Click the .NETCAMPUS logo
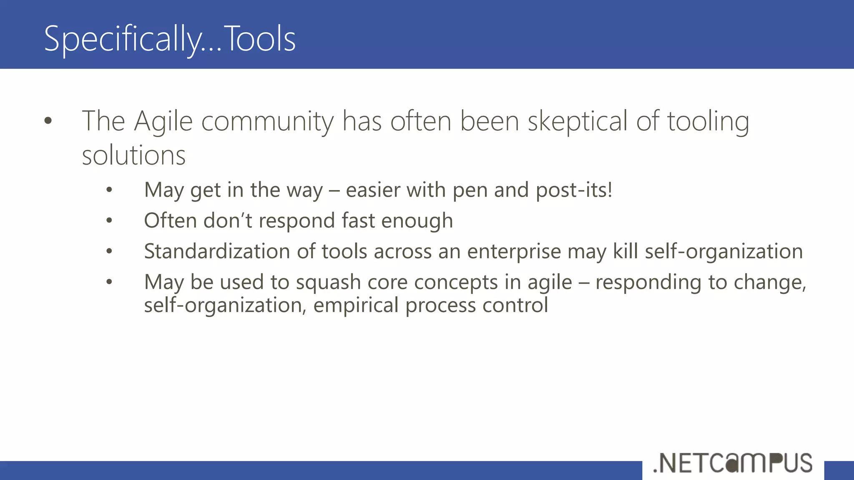tap(733, 463)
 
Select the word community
tap(267, 122)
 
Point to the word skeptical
tap(578, 122)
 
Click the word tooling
tap(708, 122)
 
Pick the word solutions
tap(133, 156)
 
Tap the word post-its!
tap(574, 190)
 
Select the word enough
tap(417, 221)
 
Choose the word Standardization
tap(217, 252)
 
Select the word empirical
tap(356, 305)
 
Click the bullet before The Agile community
tap(48, 121)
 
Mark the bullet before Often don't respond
tap(109, 220)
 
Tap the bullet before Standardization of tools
tap(109, 251)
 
